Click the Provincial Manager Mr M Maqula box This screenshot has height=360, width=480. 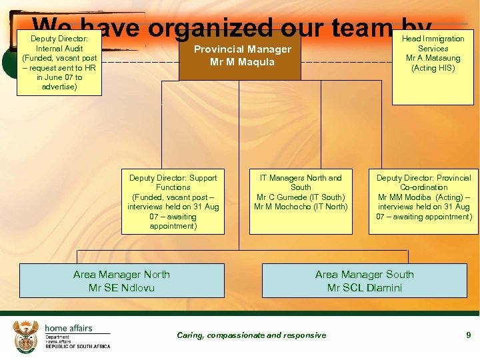(x=242, y=55)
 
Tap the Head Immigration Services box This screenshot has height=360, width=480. (x=433, y=67)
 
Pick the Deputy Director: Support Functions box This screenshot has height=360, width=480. (x=173, y=201)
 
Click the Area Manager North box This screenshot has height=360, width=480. (x=121, y=281)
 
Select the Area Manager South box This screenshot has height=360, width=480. (x=364, y=281)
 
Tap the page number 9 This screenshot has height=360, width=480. (x=469, y=335)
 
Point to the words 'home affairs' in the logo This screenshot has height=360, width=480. (x=69, y=328)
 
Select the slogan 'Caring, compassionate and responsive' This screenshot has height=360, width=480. (x=251, y=335)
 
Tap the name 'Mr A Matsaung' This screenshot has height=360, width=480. (x=433, y=58)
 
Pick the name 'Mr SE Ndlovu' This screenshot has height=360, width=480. (x=121, y=288)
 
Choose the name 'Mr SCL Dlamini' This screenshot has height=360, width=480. (x=364, y=288)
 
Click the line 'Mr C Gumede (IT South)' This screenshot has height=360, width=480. (x=301, y=197)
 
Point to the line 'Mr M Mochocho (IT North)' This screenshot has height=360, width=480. (x=301, y=207)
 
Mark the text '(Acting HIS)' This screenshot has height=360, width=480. (x=433, y=68)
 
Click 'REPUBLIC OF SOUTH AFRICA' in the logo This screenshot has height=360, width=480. (x=77, y=347)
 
